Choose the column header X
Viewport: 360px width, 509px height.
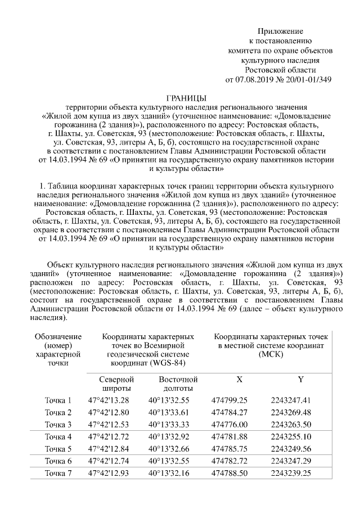tap(240, 380)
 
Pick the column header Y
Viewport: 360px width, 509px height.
tap(300, 380)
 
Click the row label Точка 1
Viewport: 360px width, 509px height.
tap(58, 400)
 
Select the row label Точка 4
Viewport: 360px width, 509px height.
tap(58, 436)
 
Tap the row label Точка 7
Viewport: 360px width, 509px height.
tap(58, 474)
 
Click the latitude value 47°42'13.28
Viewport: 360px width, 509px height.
tap(109, 400)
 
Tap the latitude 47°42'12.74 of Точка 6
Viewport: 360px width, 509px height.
tap(109, 461)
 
